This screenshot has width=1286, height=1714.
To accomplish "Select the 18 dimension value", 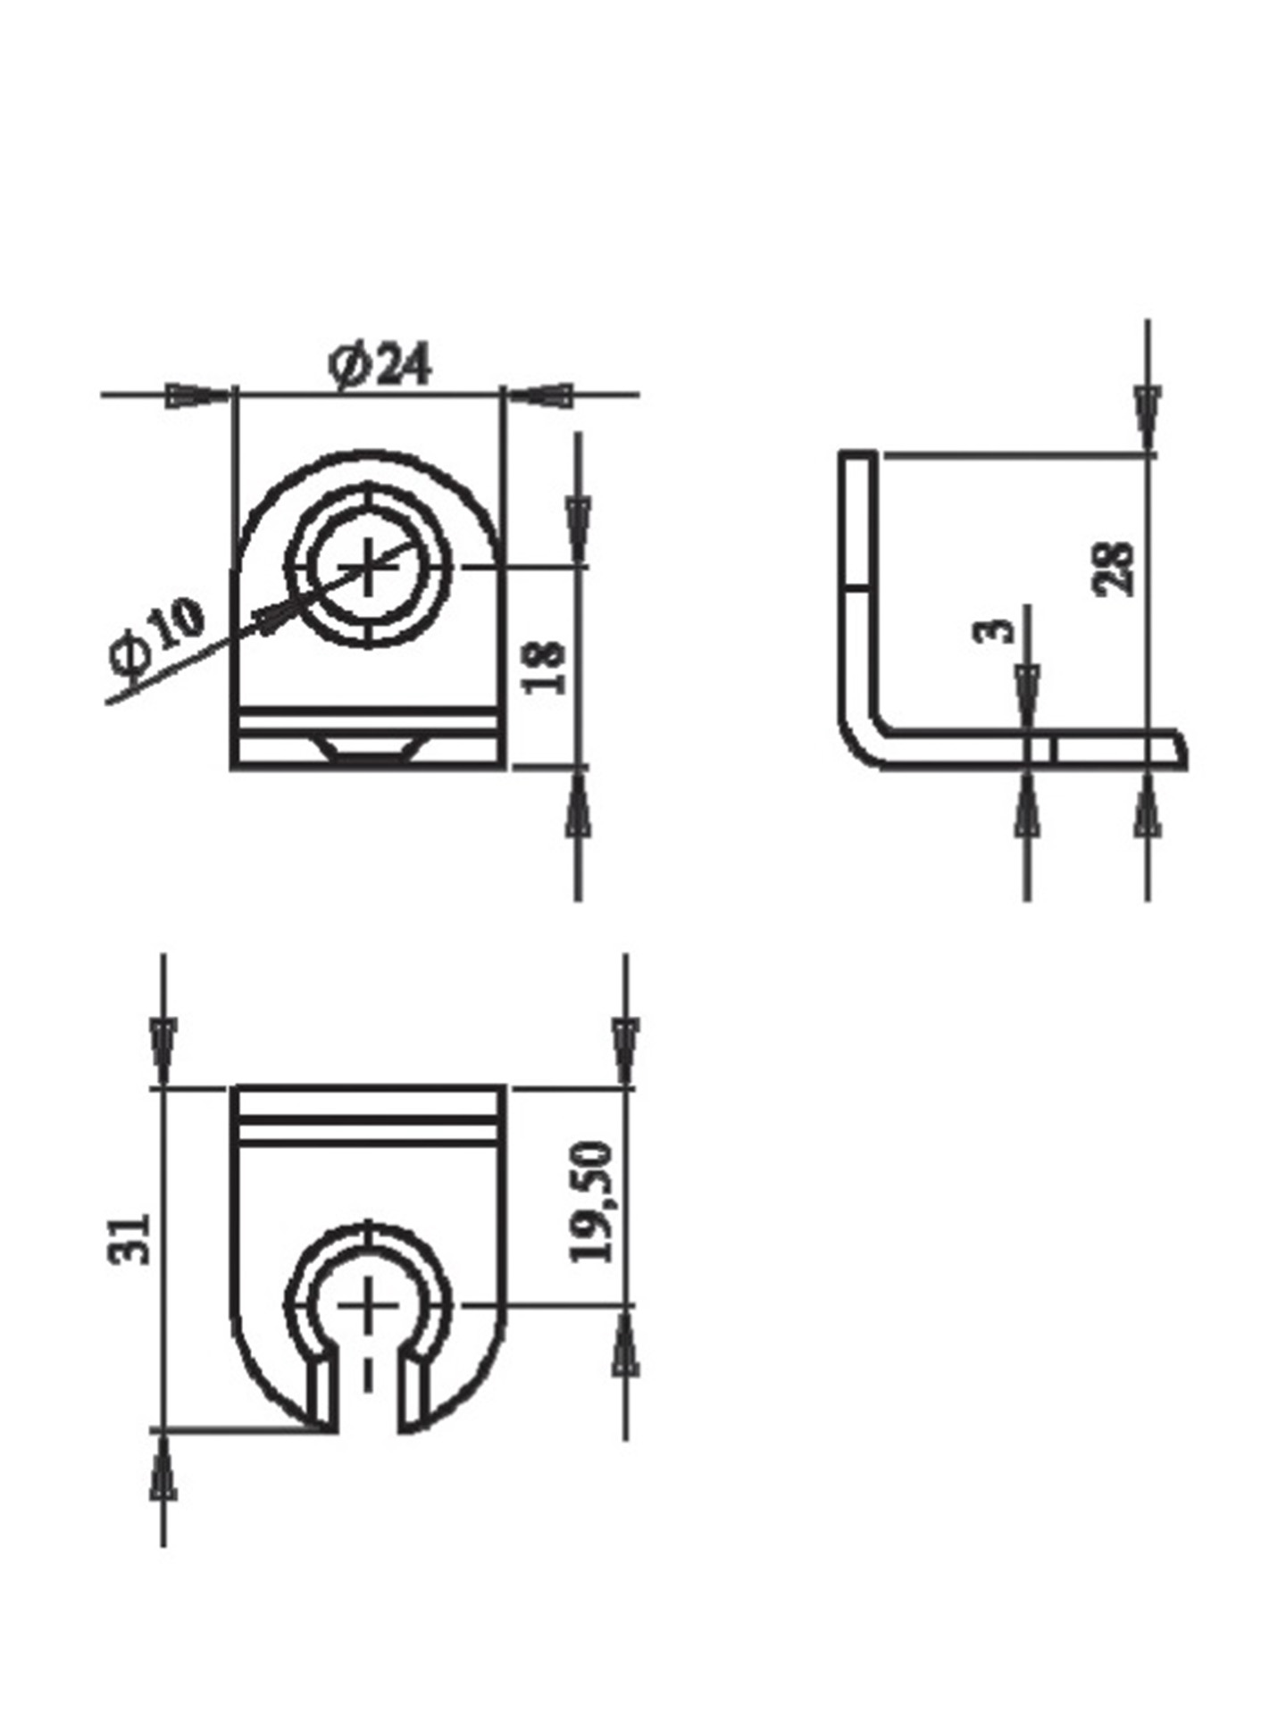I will [x=546, y=667].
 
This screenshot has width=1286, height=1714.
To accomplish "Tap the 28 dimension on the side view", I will [x=1115, y=569].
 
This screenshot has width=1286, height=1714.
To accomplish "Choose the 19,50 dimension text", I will [x=592, y=1202].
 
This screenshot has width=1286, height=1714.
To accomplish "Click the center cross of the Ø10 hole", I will [x=368, y=567].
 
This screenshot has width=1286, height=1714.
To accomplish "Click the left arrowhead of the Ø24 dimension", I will [x=196, y=395].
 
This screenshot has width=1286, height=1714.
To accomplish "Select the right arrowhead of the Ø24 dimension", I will [x=541, y=395].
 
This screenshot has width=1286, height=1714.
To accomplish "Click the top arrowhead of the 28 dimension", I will [x=1148, y=415].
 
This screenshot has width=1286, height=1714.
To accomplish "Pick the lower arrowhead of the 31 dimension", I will [x=163, y=1485].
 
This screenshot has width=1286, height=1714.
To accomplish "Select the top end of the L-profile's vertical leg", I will [x=857, y=455].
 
